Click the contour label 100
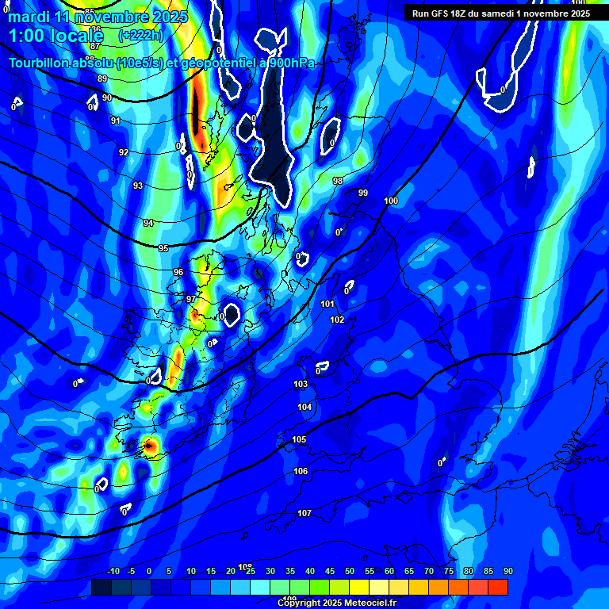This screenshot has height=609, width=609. [x=391, y=201]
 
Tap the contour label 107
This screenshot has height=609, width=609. [x=304, y=513]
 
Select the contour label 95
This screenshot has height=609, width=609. [x=163, y=248]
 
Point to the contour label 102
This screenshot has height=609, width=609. [x=337, y=320]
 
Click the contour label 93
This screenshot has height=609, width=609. [x=138, y=186]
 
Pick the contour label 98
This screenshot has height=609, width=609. [x=338, y=181]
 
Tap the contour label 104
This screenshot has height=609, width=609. [x=304, y=407]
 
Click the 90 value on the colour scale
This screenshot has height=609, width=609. [x=507, y=572]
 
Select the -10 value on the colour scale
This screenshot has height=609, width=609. [x=113, y=572]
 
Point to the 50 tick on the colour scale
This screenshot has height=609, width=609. [x=349, y=572]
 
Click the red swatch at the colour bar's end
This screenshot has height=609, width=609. [x=497, y=587]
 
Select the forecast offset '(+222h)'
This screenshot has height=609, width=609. [x=140, y=35]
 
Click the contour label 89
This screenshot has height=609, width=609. [x=102, y=79]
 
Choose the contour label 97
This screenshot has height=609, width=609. [x=191, y=299]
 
